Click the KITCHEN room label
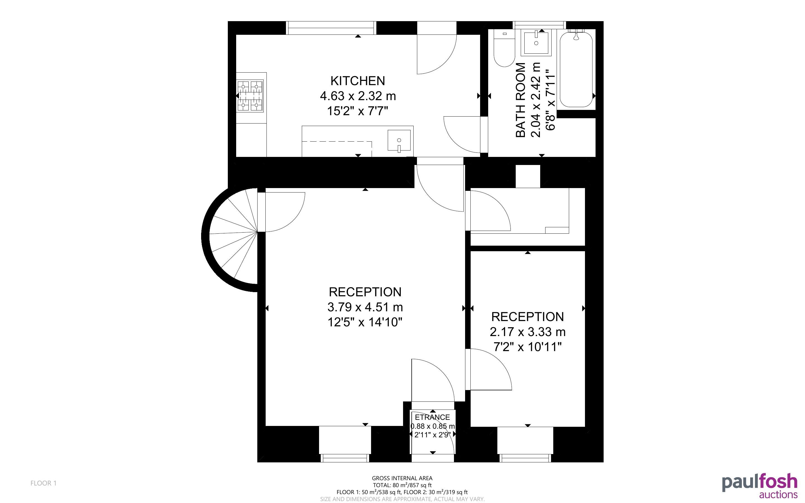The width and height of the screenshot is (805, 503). point(357,81)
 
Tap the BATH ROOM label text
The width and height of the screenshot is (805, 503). point(521,100)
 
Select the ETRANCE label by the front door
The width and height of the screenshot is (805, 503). point(432,417)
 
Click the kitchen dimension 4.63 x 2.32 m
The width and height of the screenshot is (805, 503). point(358,96)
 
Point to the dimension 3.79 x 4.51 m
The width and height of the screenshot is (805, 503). point(365,307)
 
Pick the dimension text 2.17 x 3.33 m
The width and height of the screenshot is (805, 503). point(527,332)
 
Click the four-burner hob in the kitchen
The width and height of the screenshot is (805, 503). point(250,96)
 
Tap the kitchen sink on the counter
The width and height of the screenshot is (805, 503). point(399,141)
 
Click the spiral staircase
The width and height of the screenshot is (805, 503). point(229,240)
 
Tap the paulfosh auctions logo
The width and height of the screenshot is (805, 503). point(759,486)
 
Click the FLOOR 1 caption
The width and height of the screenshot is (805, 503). point(44,483)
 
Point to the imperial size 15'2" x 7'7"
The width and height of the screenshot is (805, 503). point(358,111)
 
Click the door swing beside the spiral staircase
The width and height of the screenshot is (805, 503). point(285,212)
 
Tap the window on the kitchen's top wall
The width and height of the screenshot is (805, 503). point(331,28)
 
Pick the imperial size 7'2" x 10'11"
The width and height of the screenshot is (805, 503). point(527,347)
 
